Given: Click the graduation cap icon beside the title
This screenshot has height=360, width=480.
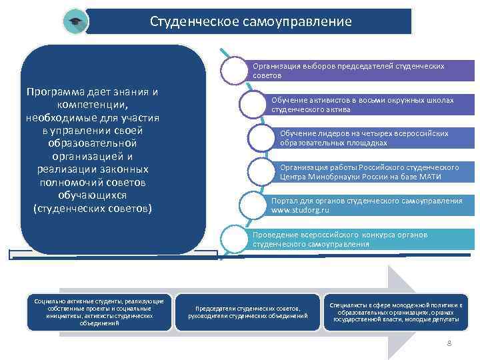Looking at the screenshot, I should click(x=75, y=22).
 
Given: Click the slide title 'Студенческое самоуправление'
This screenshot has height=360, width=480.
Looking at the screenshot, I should click(x=250, y=21).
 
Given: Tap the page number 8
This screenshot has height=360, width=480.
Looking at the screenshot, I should click(x=449, y=343).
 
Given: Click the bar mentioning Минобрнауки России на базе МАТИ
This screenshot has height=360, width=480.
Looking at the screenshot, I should click(x=369, y=172).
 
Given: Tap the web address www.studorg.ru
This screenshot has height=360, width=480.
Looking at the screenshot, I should click(x=300, y=210).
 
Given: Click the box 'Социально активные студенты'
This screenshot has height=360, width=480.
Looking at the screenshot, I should click(x=99, y=312).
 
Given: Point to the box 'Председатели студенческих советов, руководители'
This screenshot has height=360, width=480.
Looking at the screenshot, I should click(x=248, y=312).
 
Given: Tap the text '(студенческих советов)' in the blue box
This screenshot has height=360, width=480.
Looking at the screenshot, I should click(x=93, y=209).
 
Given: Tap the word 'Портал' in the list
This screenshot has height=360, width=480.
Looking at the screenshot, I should click(x=285, y=201).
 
